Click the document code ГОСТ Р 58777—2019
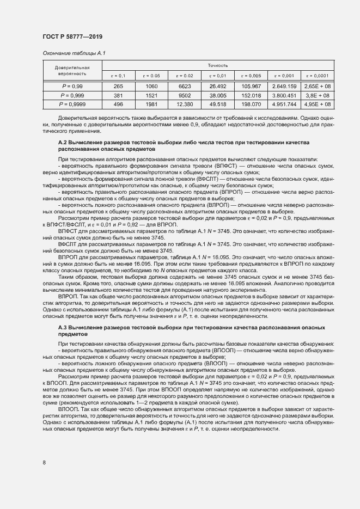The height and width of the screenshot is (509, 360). coord(72,36)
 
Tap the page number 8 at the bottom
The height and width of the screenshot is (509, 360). coord(44,463)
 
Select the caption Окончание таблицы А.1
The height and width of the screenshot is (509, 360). coord(74,53)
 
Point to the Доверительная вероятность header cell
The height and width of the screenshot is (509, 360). coord(72,70)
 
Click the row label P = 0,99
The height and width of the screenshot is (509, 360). coord(72,86)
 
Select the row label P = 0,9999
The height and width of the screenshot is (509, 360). coord(72,104)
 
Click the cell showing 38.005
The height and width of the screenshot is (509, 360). coord(218,95)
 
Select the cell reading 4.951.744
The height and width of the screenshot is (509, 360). coord(284,104)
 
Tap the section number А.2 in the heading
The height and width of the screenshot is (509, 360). coord(63,142)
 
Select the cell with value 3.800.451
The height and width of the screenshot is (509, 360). coord(284,95)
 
